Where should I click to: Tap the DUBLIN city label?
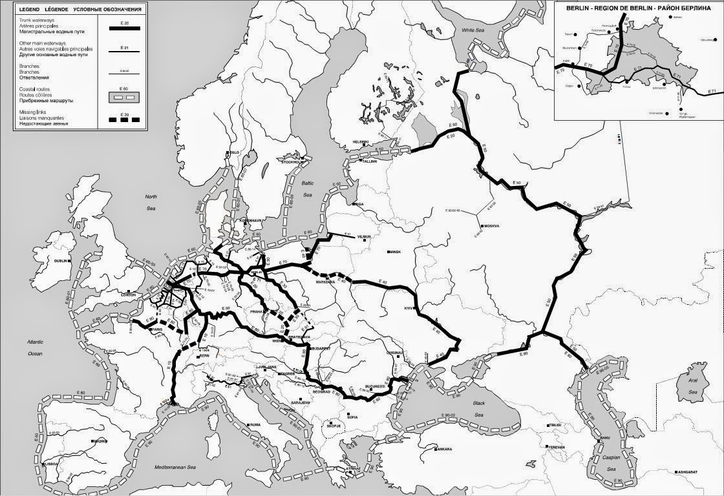(61, 260)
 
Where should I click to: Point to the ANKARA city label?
(443, 448)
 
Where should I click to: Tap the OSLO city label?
(233, 152)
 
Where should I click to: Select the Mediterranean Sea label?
(169, 466)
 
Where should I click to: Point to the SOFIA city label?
(352, 417)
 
